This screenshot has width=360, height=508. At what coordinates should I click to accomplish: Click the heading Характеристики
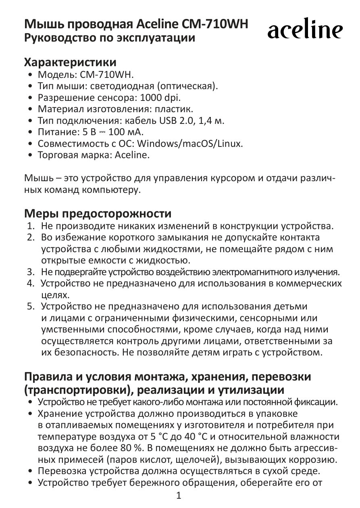point(71,63)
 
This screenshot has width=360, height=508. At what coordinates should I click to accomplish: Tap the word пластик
point(176,109)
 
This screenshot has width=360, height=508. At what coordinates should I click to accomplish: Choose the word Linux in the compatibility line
point(228,144)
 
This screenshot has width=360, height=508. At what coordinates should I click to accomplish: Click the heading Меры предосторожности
point(98,213)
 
